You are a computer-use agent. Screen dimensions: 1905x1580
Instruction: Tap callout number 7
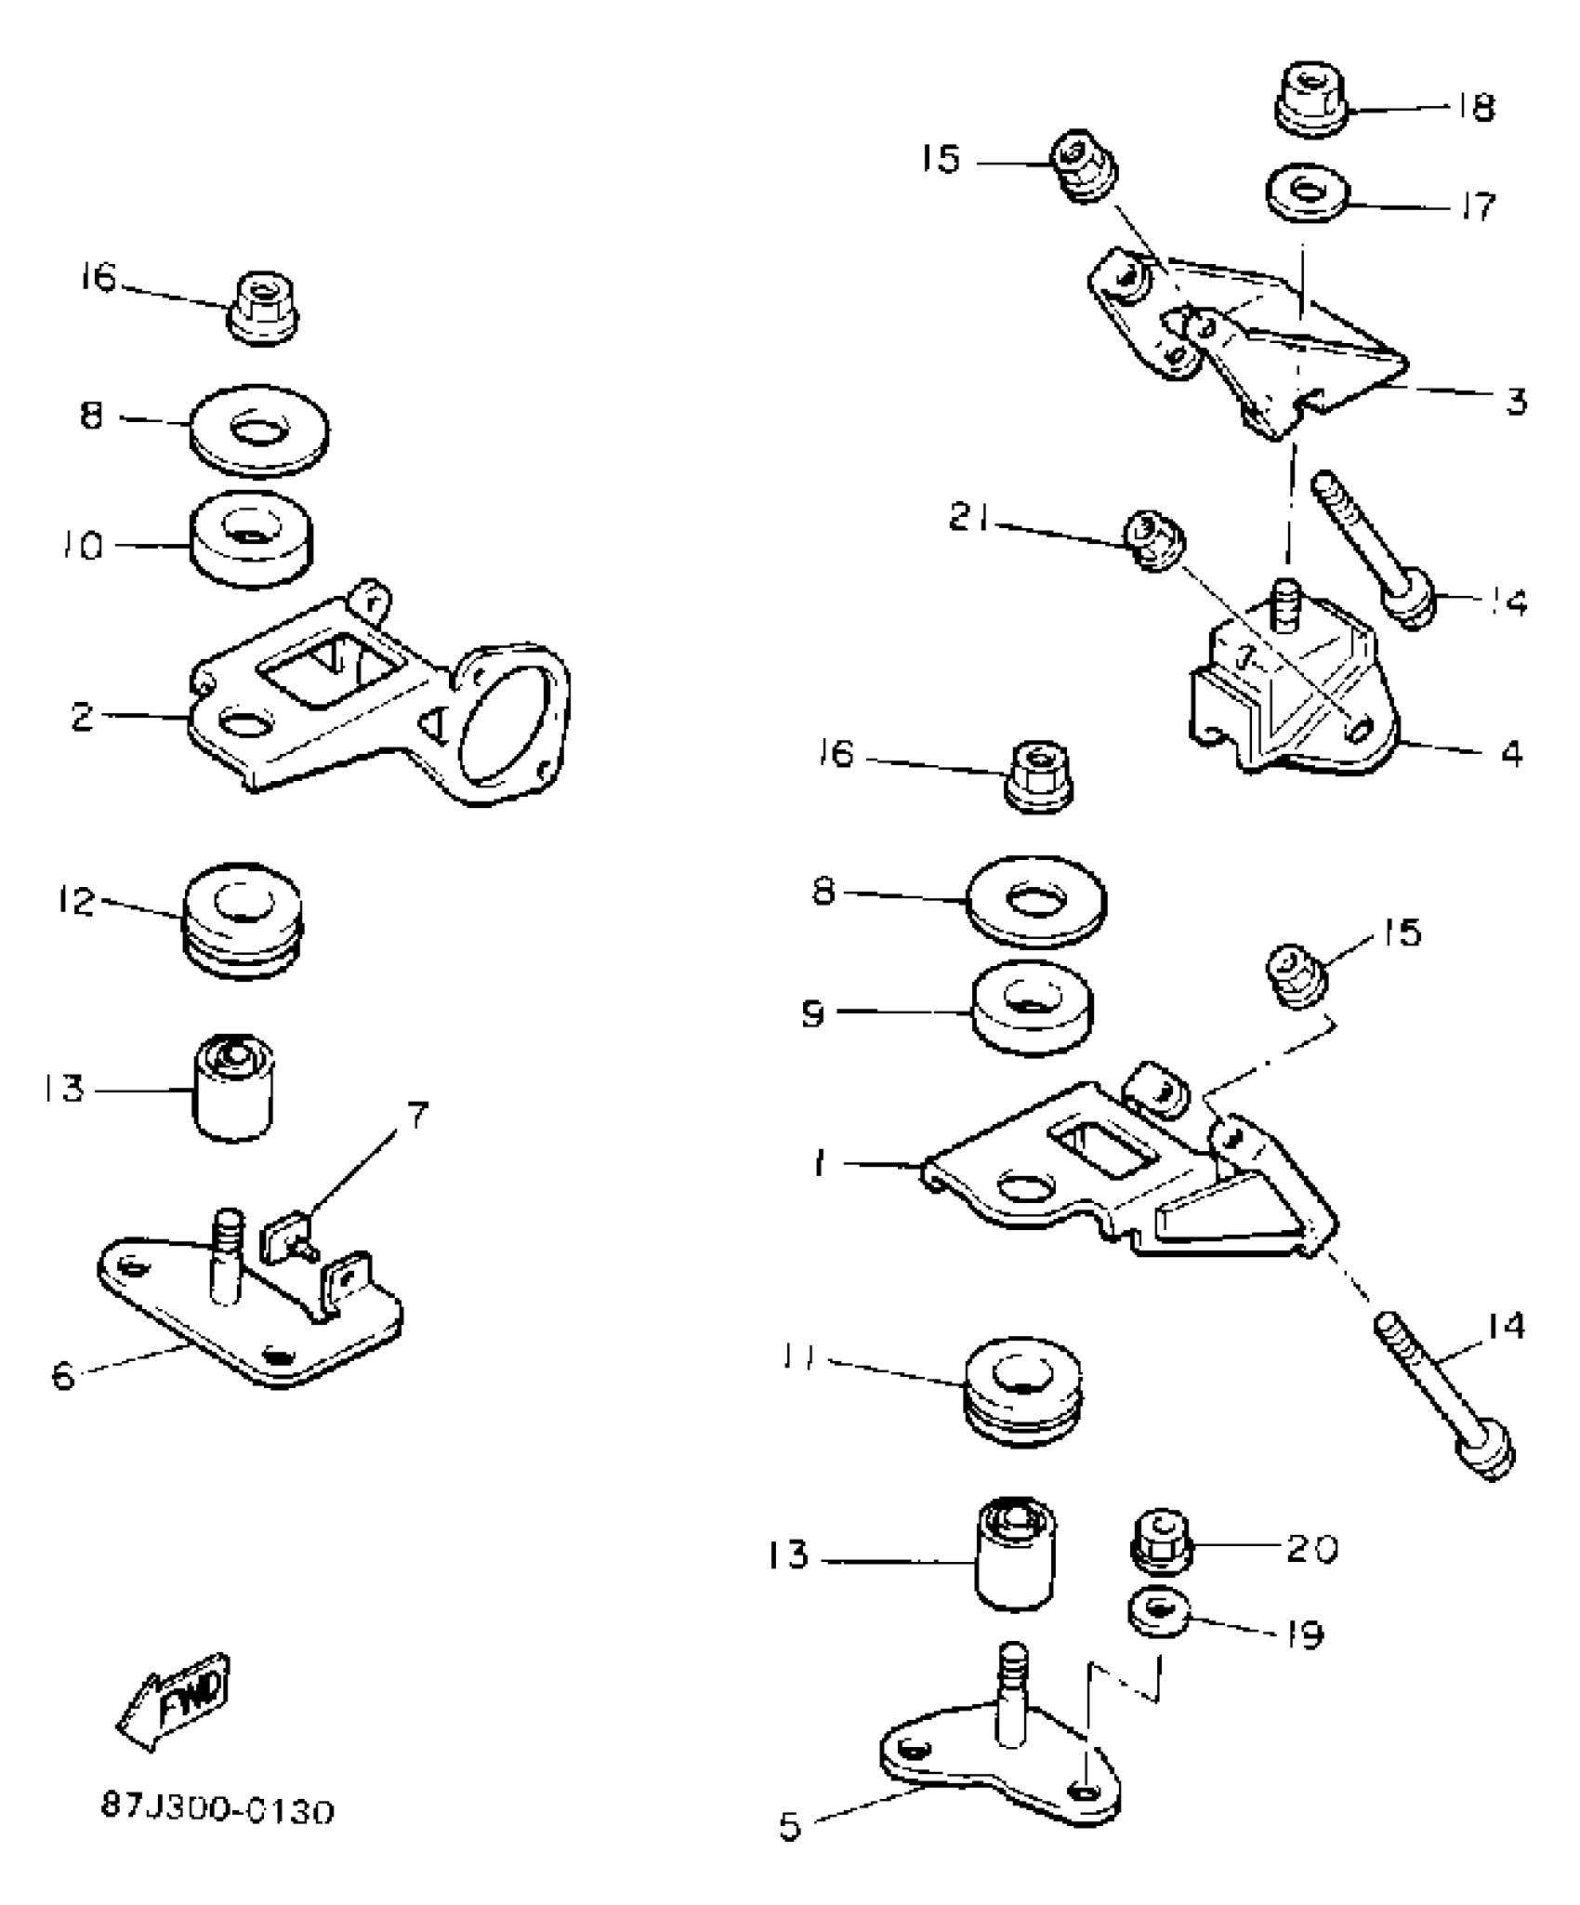click(417, 1116)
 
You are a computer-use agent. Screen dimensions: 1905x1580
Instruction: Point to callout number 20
click(1311, 1549)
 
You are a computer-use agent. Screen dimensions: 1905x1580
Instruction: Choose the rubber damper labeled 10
click(251, 539)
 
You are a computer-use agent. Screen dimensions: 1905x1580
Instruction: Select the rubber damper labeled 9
click(1032, 1008)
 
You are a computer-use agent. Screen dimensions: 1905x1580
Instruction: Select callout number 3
click(1516, 403)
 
